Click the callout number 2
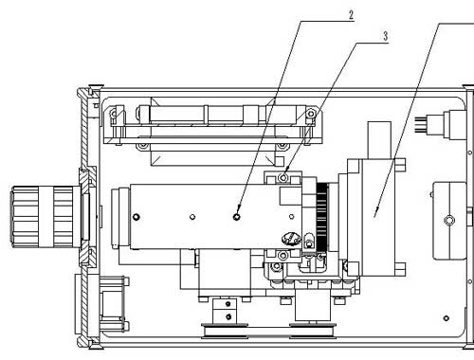pos(351,15)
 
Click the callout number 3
pos(385,36)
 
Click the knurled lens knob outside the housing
pos(45,217)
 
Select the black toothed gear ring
pos(321,217)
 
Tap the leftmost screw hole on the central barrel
pos(137,217)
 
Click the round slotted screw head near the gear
pos(290,239)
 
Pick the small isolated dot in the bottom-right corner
pos(446,318)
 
